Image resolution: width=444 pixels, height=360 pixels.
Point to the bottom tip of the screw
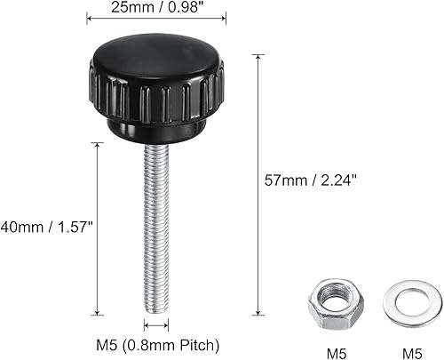point(156,308)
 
